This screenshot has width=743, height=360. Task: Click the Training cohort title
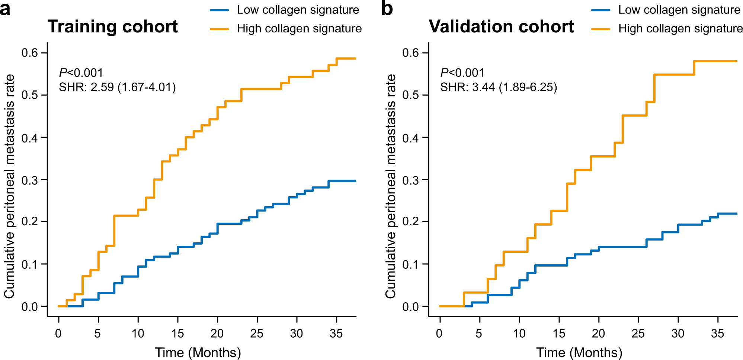pos(112,27)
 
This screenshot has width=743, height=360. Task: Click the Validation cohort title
pos(501,27)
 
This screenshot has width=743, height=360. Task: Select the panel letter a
pos(5,9)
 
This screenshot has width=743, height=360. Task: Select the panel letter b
pos(387,9)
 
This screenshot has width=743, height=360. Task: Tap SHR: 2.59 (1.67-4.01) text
pos(117,87)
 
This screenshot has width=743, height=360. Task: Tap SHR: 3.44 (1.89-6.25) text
pos(499,87)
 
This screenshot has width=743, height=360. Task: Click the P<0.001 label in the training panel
pos(81,73)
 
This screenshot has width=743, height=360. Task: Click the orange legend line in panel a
pos(220,29)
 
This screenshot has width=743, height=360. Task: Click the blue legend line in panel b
pos(601,10)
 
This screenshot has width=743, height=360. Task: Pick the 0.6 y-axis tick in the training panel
pos(30,53)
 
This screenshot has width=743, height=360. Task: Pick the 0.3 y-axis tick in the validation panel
pos(411,180)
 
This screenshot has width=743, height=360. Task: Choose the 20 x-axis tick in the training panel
pos(217,334)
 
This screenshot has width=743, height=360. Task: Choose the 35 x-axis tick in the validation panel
pos(717,334)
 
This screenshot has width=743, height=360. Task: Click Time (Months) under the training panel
pos(198,352)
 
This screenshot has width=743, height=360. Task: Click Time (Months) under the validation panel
pos(579,352)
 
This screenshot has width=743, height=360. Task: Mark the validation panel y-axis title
pos(390,186)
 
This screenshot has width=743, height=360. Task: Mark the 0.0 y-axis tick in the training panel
pos(30,307)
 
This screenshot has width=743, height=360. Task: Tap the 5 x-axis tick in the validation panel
pos(479,334)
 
